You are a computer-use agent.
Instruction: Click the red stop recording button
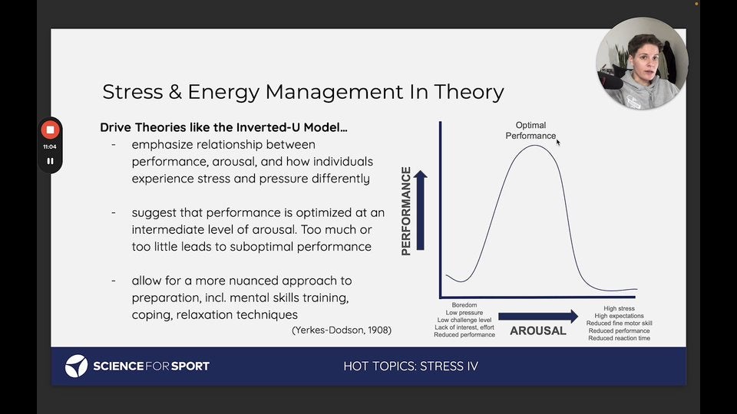tap(50, 130)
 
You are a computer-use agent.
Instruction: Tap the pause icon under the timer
tap(50, 161)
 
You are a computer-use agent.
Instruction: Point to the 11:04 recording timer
tap(50, 146)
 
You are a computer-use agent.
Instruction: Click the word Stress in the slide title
tap(133, 91)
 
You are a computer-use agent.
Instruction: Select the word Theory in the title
tap(469, 93)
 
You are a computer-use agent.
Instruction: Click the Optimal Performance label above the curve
tap(530, 130)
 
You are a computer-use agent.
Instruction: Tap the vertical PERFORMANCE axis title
tap(406, 211)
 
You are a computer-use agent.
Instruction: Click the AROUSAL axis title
tap(537, 331)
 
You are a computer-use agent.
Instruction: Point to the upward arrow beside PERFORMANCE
tap(421, 210)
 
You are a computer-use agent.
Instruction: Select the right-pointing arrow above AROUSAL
tap(538, 317)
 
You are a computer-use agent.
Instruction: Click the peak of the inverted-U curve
tap(535, 146)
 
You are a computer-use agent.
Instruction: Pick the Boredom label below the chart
tap(464, 305)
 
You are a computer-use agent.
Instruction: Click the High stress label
tap(619, 308)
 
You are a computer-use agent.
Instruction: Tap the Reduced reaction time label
tap(619, 338)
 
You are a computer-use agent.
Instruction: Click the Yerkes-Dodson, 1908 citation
tap(342, 330)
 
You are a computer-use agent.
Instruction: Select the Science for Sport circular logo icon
tap(76, 366)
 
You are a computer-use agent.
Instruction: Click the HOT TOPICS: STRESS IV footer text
tap(411, 366)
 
